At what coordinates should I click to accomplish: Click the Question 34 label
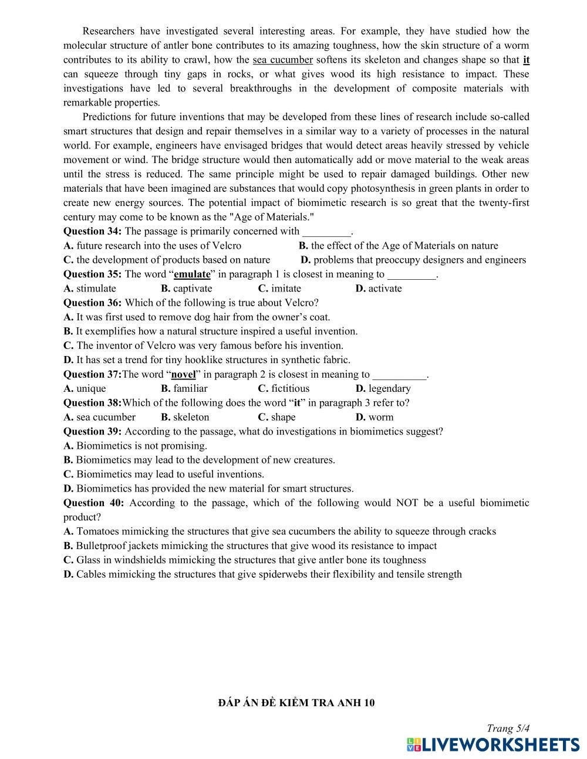point(92,231)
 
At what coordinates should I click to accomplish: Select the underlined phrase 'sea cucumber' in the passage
point(282,60)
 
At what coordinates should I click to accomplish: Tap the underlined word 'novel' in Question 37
point(183,374)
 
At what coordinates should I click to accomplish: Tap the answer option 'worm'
point(381,417)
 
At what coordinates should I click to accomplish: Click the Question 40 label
point(93,503)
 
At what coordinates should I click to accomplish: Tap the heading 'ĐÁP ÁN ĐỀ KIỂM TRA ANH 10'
point(296,703)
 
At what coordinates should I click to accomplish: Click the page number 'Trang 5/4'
point(508,728)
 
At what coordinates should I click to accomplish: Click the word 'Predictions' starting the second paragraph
point(109,117)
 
